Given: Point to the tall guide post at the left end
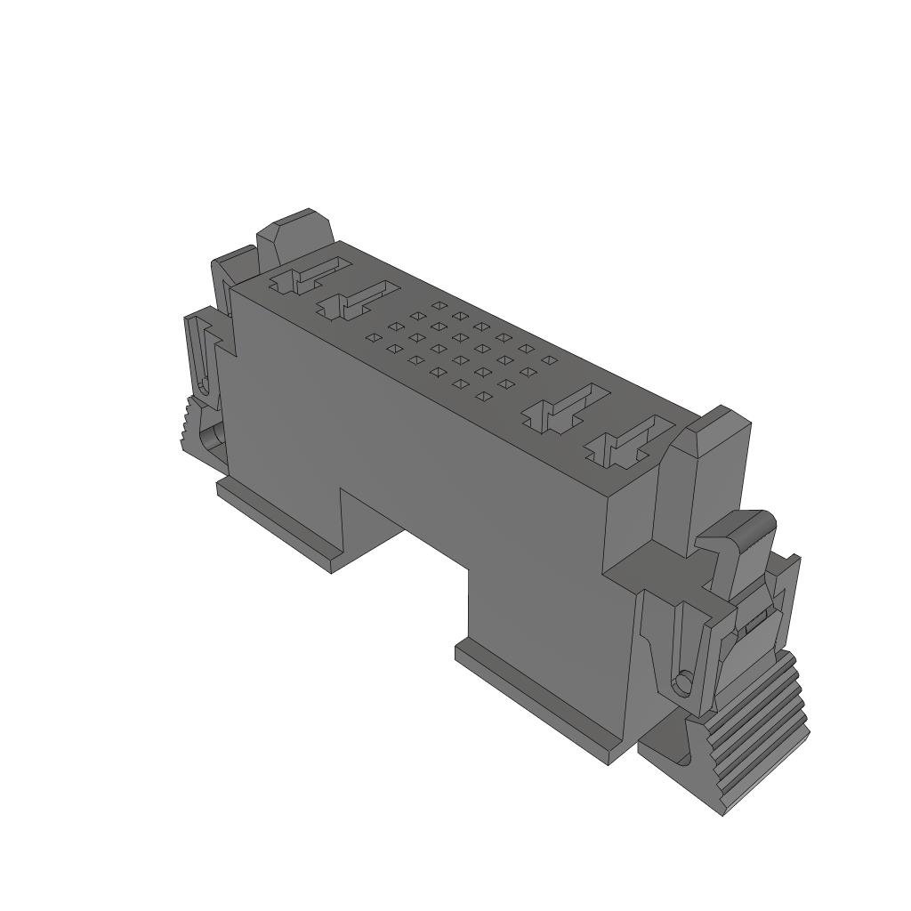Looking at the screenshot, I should (294, 234).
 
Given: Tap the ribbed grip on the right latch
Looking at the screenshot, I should (761, 730).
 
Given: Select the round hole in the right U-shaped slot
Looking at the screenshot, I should (682, 682).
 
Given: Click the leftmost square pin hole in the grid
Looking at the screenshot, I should (373, 338).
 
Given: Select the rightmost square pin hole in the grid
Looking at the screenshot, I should (550, 359).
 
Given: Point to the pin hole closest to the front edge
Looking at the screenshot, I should (483, 396).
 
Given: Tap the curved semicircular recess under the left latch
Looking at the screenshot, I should (212, 439).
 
